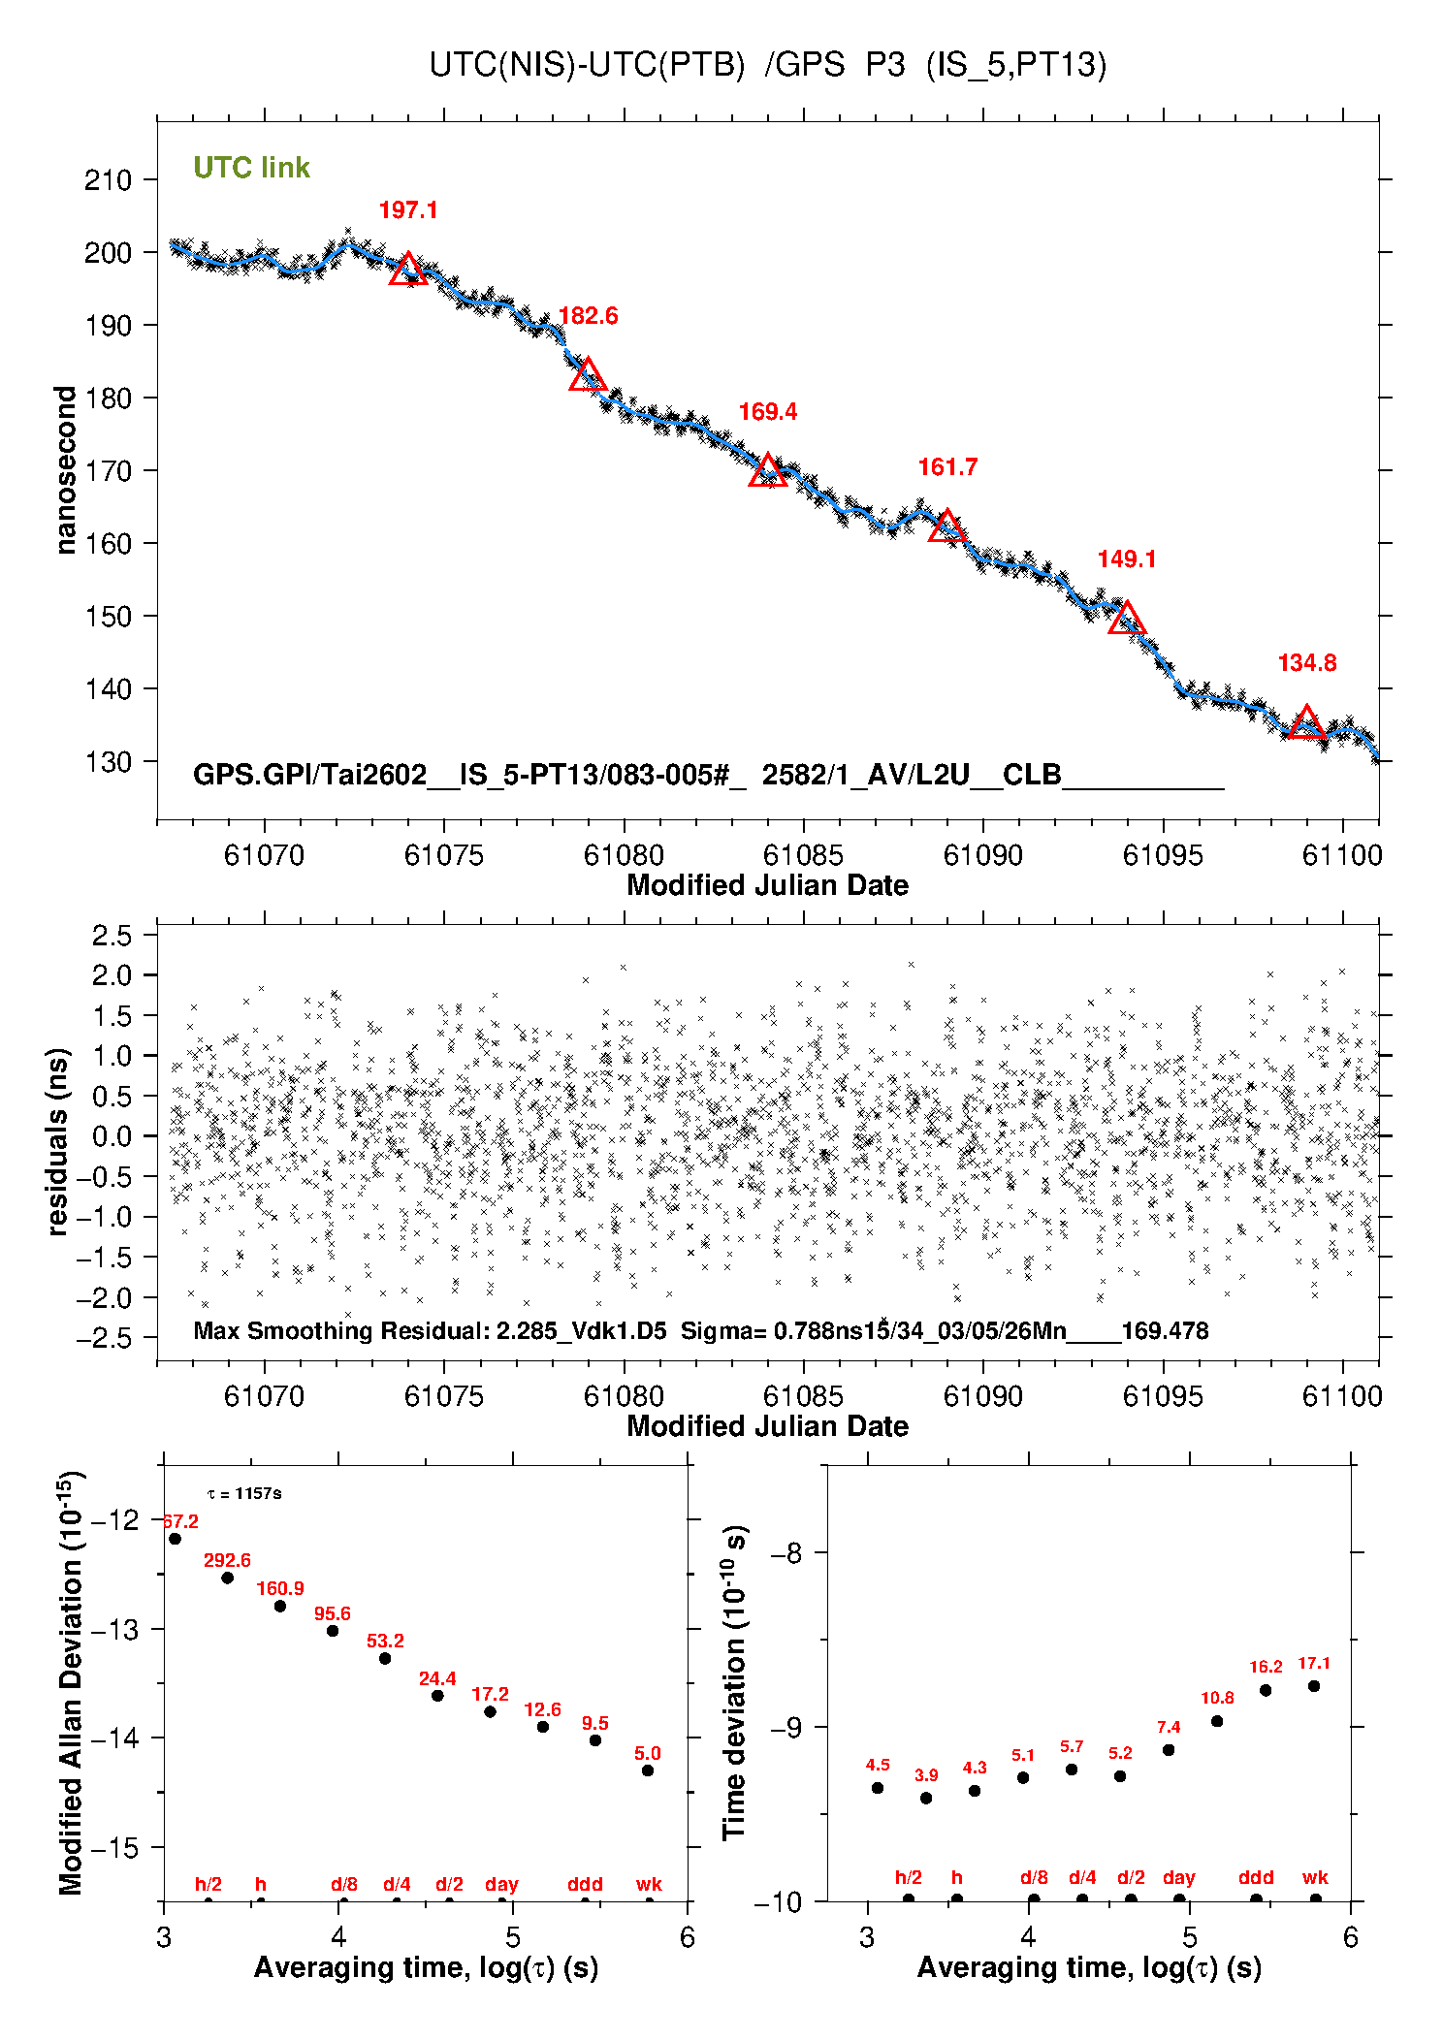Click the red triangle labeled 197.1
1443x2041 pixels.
[407, 270]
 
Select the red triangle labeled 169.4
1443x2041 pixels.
[767, 471]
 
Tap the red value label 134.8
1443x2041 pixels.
[1306, 663]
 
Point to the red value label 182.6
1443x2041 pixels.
[588, 316]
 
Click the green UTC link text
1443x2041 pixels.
[251, 168]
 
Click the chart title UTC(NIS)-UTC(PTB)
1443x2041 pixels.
[587, 65]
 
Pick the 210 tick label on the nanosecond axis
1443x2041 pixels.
[108, 180]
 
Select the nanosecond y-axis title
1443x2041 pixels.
[65, 470]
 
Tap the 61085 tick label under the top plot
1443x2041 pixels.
[803, 855]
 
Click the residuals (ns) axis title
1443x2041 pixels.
[58, 1141]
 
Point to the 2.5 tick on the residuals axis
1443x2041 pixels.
[112, 936]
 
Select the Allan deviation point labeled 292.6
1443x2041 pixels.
[228, 1578]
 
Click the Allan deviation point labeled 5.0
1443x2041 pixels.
[648, 1770]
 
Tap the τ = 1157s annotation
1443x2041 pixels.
[244, 1494]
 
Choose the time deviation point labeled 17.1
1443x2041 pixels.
[1314, 1686]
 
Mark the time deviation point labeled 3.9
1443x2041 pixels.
[926, 1798]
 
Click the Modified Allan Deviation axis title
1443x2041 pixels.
[70, 1682]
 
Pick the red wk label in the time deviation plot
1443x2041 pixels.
[1315, 1878]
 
